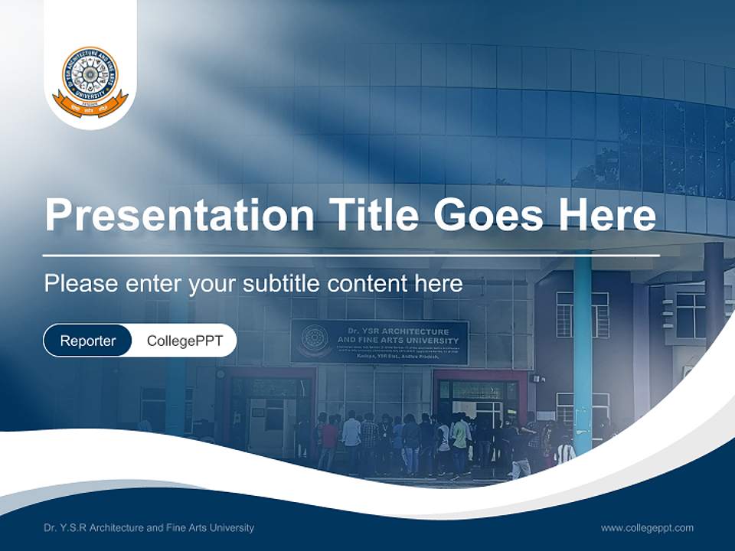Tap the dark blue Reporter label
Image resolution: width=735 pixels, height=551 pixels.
[x=88, y=341]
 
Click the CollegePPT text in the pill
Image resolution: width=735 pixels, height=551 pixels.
[x=185, y=341]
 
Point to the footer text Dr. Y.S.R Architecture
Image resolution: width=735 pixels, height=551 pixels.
[x=149, y=527]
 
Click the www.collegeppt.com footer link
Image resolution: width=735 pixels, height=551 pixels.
[x=647, y=527]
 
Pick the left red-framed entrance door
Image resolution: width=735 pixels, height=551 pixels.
[x=268, y=406]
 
